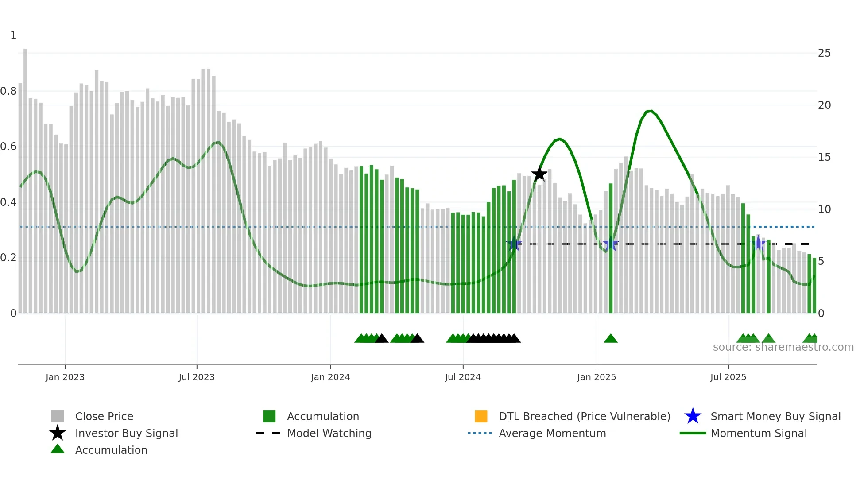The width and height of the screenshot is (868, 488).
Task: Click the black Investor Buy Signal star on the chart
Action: (539, 174)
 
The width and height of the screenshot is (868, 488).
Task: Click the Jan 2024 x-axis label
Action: (330, 377)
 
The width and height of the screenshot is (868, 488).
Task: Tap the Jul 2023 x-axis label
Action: (197, 377)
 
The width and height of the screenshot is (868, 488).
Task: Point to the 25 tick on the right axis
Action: (824, 53)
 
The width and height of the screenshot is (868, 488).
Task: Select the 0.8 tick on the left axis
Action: (9, 91)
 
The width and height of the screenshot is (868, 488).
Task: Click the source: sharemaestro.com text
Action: (783, 347)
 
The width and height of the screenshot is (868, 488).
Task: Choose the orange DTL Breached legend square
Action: (481, 416)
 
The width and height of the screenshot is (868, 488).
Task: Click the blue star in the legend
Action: (693, 416)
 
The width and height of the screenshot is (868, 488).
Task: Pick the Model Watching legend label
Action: (329, 433)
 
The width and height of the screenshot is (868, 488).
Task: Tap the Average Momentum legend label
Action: (552, 433)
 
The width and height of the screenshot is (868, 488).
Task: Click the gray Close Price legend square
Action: (58, 416)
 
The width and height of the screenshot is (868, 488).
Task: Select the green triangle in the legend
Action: (58, 449)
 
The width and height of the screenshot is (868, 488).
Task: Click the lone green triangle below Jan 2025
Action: (611, 339)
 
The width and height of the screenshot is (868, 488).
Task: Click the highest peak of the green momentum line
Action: (650, 111)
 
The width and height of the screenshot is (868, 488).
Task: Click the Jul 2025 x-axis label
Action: (728, 377)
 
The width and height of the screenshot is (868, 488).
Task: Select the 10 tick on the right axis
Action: (824, 209)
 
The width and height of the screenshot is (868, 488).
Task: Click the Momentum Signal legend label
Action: (759, 433)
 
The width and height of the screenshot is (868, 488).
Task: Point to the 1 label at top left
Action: (13, 35)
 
